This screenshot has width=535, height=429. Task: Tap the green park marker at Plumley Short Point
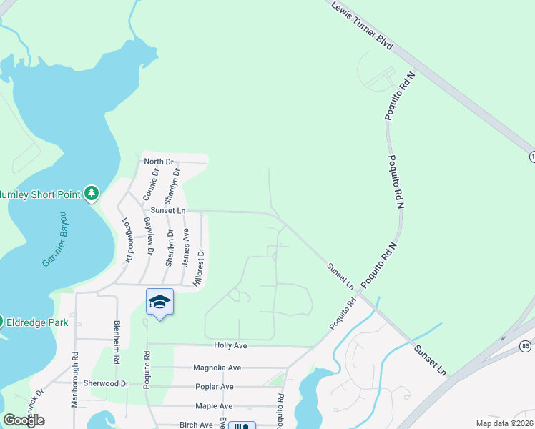pos(92,193)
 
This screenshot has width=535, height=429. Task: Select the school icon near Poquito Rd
pos(159,302)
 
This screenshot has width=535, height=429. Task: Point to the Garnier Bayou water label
pos(54,239)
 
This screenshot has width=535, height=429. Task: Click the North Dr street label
pos(159,162)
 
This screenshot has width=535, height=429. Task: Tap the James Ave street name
pos(185,247)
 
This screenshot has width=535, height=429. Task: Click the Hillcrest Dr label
pos(201,267)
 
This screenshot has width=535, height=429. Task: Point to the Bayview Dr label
pos(149,235)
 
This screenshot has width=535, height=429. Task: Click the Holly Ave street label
pos(230,345)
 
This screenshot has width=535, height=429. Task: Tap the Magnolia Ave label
pos(217,368)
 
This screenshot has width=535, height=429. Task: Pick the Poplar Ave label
pos(215,387)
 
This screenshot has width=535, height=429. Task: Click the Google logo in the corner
pos(24,420)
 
